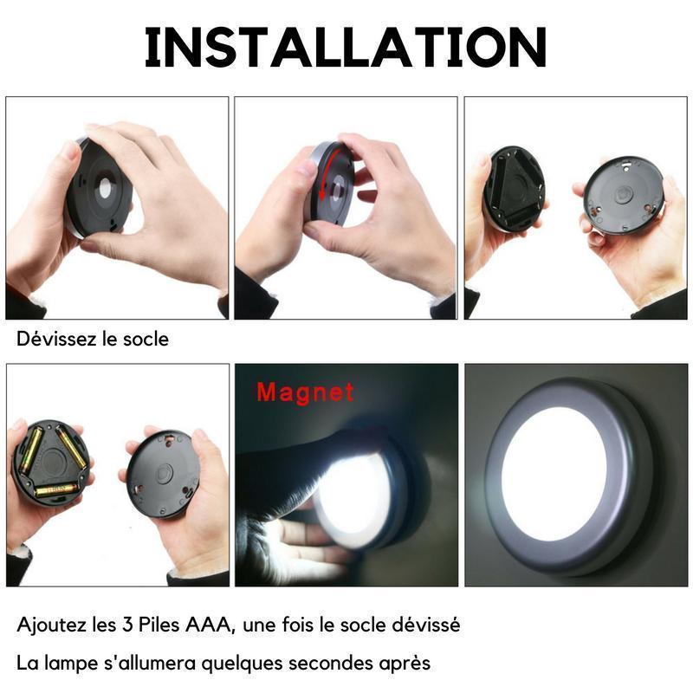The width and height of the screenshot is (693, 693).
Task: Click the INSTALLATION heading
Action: pos(346,47)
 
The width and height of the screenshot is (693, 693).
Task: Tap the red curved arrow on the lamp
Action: pos(327,172)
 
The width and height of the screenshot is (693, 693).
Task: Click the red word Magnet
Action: pos(305,392)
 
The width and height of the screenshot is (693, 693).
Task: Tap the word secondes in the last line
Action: pos(332,663)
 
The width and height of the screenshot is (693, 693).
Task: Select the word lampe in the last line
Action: pos(69,663)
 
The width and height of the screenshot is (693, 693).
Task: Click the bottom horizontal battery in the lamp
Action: pos(56,489)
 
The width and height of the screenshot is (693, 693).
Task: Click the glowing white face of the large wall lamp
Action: pos(554,474)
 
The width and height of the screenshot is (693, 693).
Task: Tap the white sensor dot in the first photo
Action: pos(106,189)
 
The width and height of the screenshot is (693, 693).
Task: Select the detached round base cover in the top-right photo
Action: pos(624,193)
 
